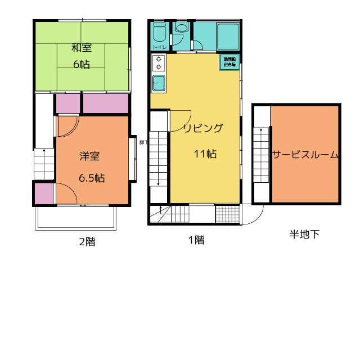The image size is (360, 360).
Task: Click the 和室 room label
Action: click(81, 47)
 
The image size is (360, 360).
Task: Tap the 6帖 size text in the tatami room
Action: click(81, 64)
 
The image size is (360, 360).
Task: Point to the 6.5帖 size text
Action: click(91, 178)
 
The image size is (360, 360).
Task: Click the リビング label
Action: click(203, 128)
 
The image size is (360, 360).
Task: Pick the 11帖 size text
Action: click(205, 154)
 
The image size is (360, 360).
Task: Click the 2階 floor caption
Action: click(86, 242)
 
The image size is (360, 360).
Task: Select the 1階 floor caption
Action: click(196, 240)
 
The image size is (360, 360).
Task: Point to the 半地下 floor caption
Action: click(304, 235)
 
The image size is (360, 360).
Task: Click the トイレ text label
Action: click(159, 47)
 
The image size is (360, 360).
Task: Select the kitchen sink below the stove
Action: click(159, 83)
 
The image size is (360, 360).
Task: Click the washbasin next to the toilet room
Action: click(182, 28)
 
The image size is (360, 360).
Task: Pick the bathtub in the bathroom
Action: click(228, 37)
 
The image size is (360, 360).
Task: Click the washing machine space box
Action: click(229, 62)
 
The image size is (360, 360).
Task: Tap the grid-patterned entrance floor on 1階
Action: click(228, 214)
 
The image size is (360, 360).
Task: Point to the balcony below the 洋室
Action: click(75, 218)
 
